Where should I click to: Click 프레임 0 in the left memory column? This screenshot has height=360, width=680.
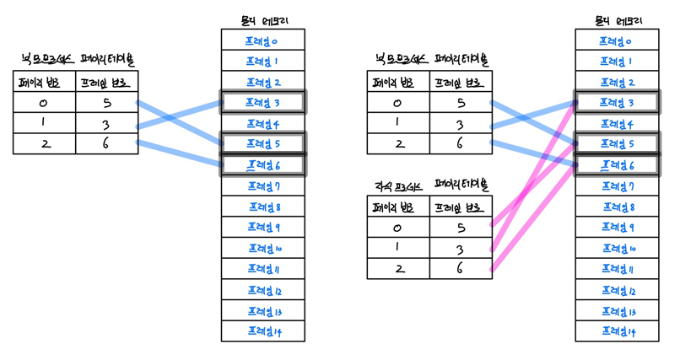(262, 40)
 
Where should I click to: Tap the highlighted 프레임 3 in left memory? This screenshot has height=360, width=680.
(262, 103)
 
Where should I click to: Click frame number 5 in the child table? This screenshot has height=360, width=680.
(461, 227)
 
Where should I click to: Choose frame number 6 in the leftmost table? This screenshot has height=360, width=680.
(106, 144)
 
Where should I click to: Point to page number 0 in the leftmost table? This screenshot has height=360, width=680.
(43, 103)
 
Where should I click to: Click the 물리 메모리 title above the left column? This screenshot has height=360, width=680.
(262, 19)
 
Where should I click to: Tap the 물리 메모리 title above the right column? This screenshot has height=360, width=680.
(617, 19)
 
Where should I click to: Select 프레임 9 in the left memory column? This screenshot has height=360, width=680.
(262, 228)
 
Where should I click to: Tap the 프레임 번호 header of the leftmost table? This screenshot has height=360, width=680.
(106, 82)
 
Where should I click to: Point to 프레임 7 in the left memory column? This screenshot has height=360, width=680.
(262, 185)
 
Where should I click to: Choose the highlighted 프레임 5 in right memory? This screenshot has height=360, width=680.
(617, 144)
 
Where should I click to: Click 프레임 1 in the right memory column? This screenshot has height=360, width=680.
(617, 62)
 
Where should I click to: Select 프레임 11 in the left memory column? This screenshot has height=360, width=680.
(262, 269)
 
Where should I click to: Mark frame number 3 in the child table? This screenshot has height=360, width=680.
(461, 248)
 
